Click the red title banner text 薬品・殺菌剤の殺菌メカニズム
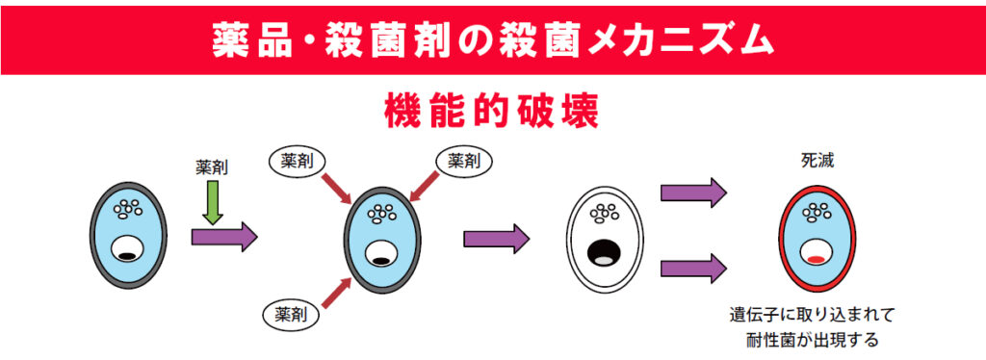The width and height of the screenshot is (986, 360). tap(492, 39)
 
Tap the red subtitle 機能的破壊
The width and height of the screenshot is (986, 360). tap(492, 110)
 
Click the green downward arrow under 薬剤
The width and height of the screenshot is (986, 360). tap(214, 204)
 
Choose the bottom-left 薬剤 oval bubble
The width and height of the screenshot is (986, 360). tap(290, 313)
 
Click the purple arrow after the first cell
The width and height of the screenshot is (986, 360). tap(224, 236)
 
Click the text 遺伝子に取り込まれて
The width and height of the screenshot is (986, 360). tap(814, 315)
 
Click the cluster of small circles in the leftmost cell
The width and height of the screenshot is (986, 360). tap(127, 208)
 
